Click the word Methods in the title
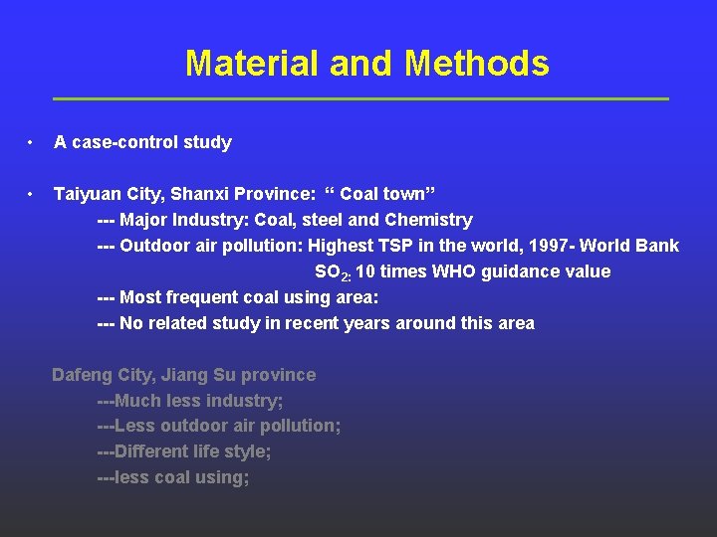(x=477, y=65)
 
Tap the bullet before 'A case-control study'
(x=32, y=142)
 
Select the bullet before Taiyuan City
(x=32, y=193)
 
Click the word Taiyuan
(x=87, y=194)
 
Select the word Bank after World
(x=658, y=246)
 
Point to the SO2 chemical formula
(x=331, y=272)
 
